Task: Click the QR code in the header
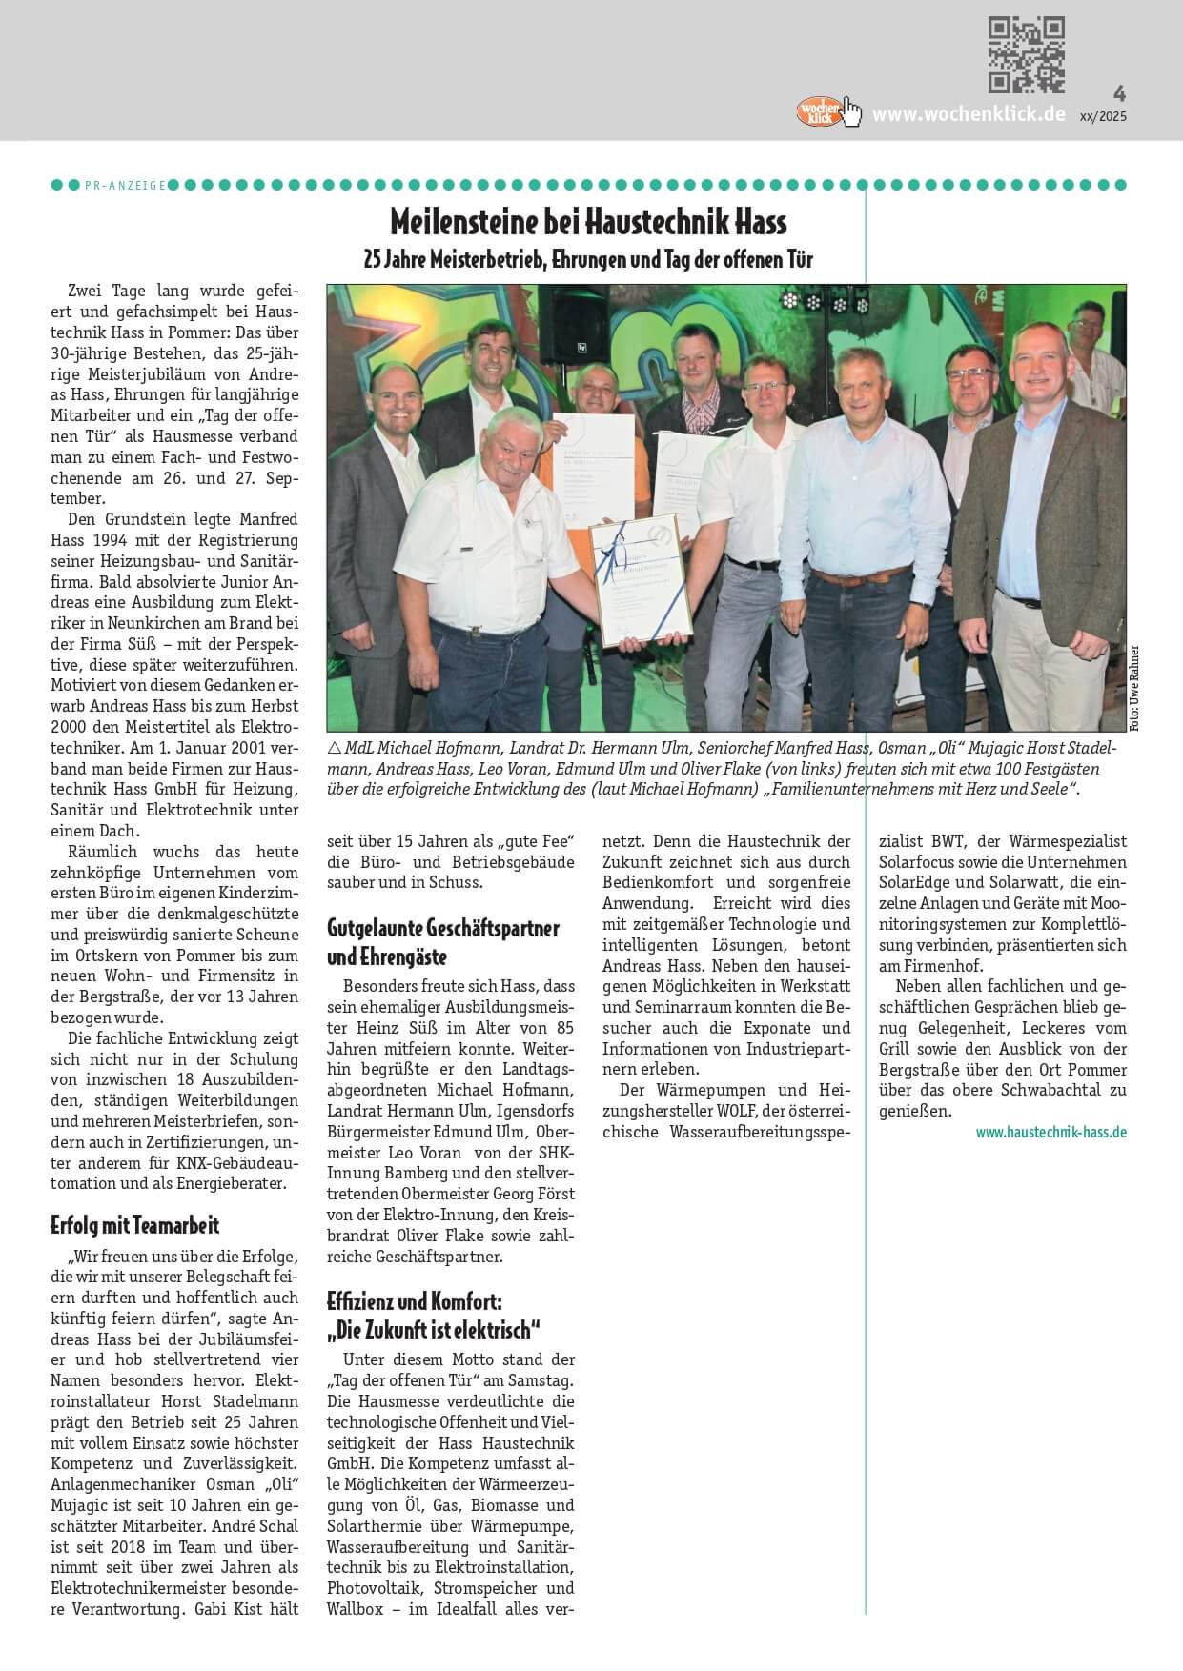tap(1026, 54)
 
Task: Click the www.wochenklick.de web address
tap(969, 114)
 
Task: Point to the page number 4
tap(1119, 93)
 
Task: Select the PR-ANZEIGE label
tap(125, 185)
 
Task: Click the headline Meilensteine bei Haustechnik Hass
tap(588, 223)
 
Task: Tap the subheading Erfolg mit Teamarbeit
tap(134, 1225)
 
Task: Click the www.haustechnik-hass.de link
tap(1050, 1132)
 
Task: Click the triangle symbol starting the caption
tap(334, 748)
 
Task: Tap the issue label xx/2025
tap(1103, 116)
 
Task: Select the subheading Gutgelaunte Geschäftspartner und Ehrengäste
tap(442, 941)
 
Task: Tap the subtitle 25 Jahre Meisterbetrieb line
tap(588, 259)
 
